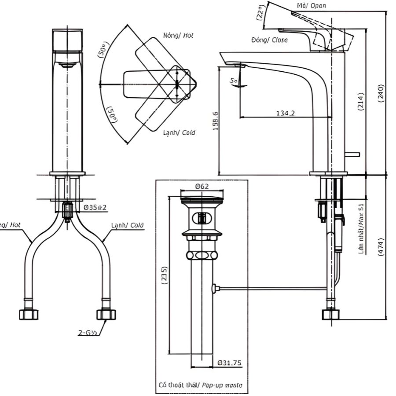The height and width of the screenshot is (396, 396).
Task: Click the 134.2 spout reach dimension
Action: click(x=286, y=113)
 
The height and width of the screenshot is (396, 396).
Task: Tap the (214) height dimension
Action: click(x=360, y=102)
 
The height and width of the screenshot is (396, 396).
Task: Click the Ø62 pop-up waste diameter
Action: click(x=202, y=186)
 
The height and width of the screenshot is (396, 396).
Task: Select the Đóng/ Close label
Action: click(x=270, y=40)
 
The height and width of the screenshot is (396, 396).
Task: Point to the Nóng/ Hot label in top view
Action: click(x=178, y=35)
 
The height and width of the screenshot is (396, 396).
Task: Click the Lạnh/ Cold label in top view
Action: click(x=179, y=132)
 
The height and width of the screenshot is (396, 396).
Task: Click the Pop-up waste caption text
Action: click(x=200, y=385)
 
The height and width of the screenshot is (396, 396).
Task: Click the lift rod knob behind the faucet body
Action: click(x=353, y=154)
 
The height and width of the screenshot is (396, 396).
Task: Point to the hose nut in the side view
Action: click(x=330, y=314)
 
